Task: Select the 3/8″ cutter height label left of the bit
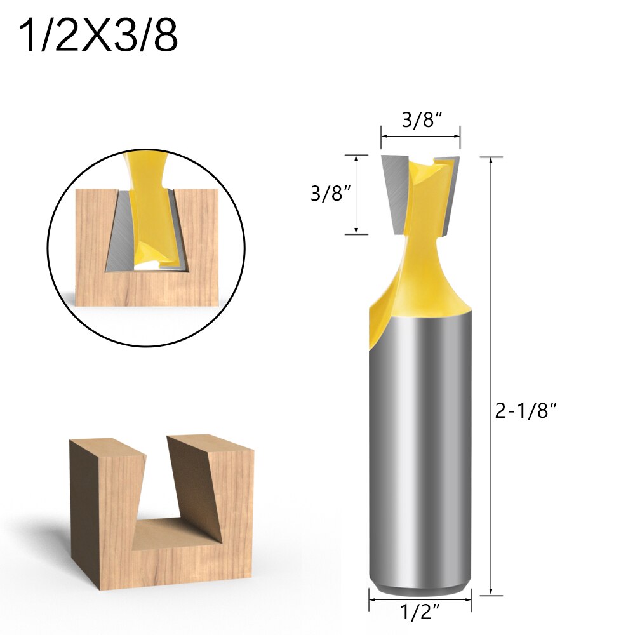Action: point(330,194)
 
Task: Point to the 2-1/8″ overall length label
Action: point(526,411)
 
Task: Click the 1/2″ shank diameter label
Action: point(420,614)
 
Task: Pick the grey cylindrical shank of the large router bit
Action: point(420,444)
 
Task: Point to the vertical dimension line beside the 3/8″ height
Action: point(356,194)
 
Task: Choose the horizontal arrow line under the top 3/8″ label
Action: point(420,135)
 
